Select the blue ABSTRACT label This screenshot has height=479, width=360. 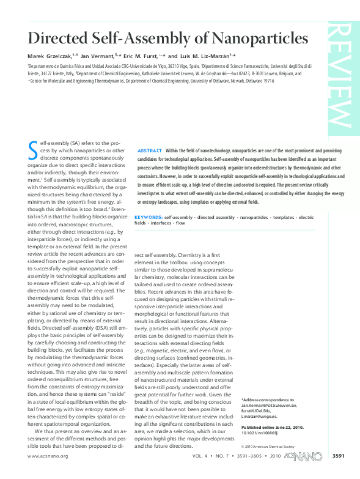pyautogui.click(x=150, y=150)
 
